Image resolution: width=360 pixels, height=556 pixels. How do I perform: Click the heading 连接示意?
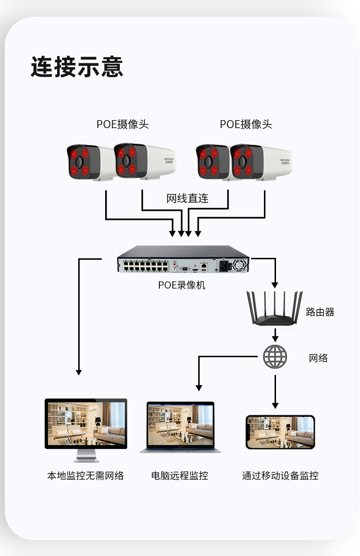(77, 67)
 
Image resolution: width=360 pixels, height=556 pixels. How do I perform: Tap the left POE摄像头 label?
(122, 124)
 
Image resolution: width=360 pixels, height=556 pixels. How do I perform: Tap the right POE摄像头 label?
(246, 124)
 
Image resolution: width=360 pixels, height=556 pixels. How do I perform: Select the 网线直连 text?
(188, 198)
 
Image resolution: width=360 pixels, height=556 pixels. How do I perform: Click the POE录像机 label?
(181, 285)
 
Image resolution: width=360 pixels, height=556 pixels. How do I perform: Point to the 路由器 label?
(320, 312)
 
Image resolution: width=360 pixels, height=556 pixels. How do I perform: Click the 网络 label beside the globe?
(318, 358)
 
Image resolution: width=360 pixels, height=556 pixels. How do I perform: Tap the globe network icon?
(275, 357)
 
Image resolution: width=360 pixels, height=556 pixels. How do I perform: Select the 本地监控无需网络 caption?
(85, 476)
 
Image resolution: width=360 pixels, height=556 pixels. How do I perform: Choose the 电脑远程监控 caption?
(180, 476)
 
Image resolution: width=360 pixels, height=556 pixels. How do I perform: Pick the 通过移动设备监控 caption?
(280, 476)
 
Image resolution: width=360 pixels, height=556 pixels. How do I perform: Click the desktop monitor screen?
(86, 423)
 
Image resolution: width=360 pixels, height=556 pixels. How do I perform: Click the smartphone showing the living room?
(280, 432)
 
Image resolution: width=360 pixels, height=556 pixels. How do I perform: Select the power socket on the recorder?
(224, 265)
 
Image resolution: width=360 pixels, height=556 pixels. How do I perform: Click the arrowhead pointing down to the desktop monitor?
(79, 372)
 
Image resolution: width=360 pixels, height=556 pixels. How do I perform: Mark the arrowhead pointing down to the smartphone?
(275, 405)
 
